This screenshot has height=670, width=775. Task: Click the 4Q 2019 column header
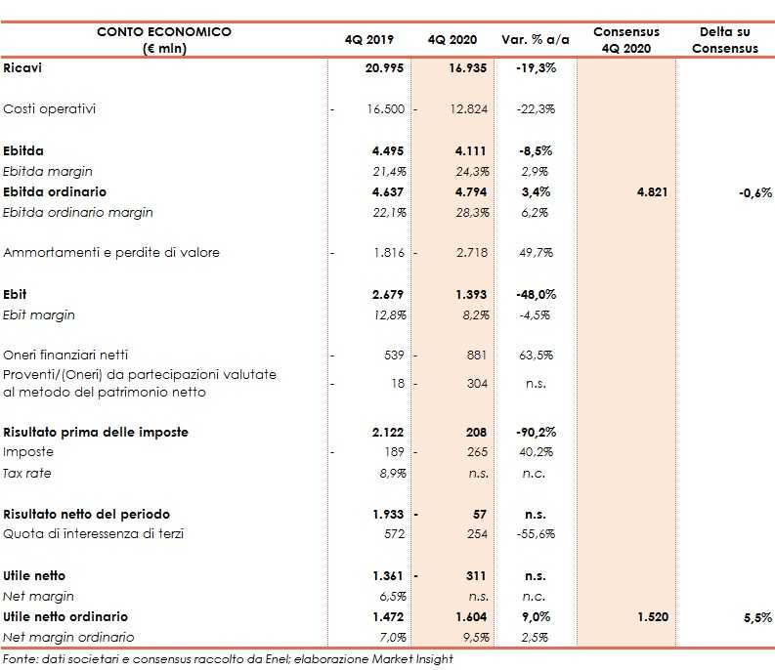coord(366,40)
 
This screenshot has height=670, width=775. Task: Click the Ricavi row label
coord(22,67)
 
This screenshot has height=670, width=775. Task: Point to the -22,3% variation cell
coord(535,108)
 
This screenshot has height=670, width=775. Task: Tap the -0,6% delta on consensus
coord(754,192)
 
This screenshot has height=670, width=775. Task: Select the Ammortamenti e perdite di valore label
coord(111,253)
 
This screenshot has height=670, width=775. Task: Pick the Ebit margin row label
coord(39,315)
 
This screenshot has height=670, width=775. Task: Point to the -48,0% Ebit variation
coord(535,294)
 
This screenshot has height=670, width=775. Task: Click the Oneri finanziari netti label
coord(65,355)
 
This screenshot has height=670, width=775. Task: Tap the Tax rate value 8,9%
coord(390,474)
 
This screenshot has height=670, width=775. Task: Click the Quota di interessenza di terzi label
coord(93,533)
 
